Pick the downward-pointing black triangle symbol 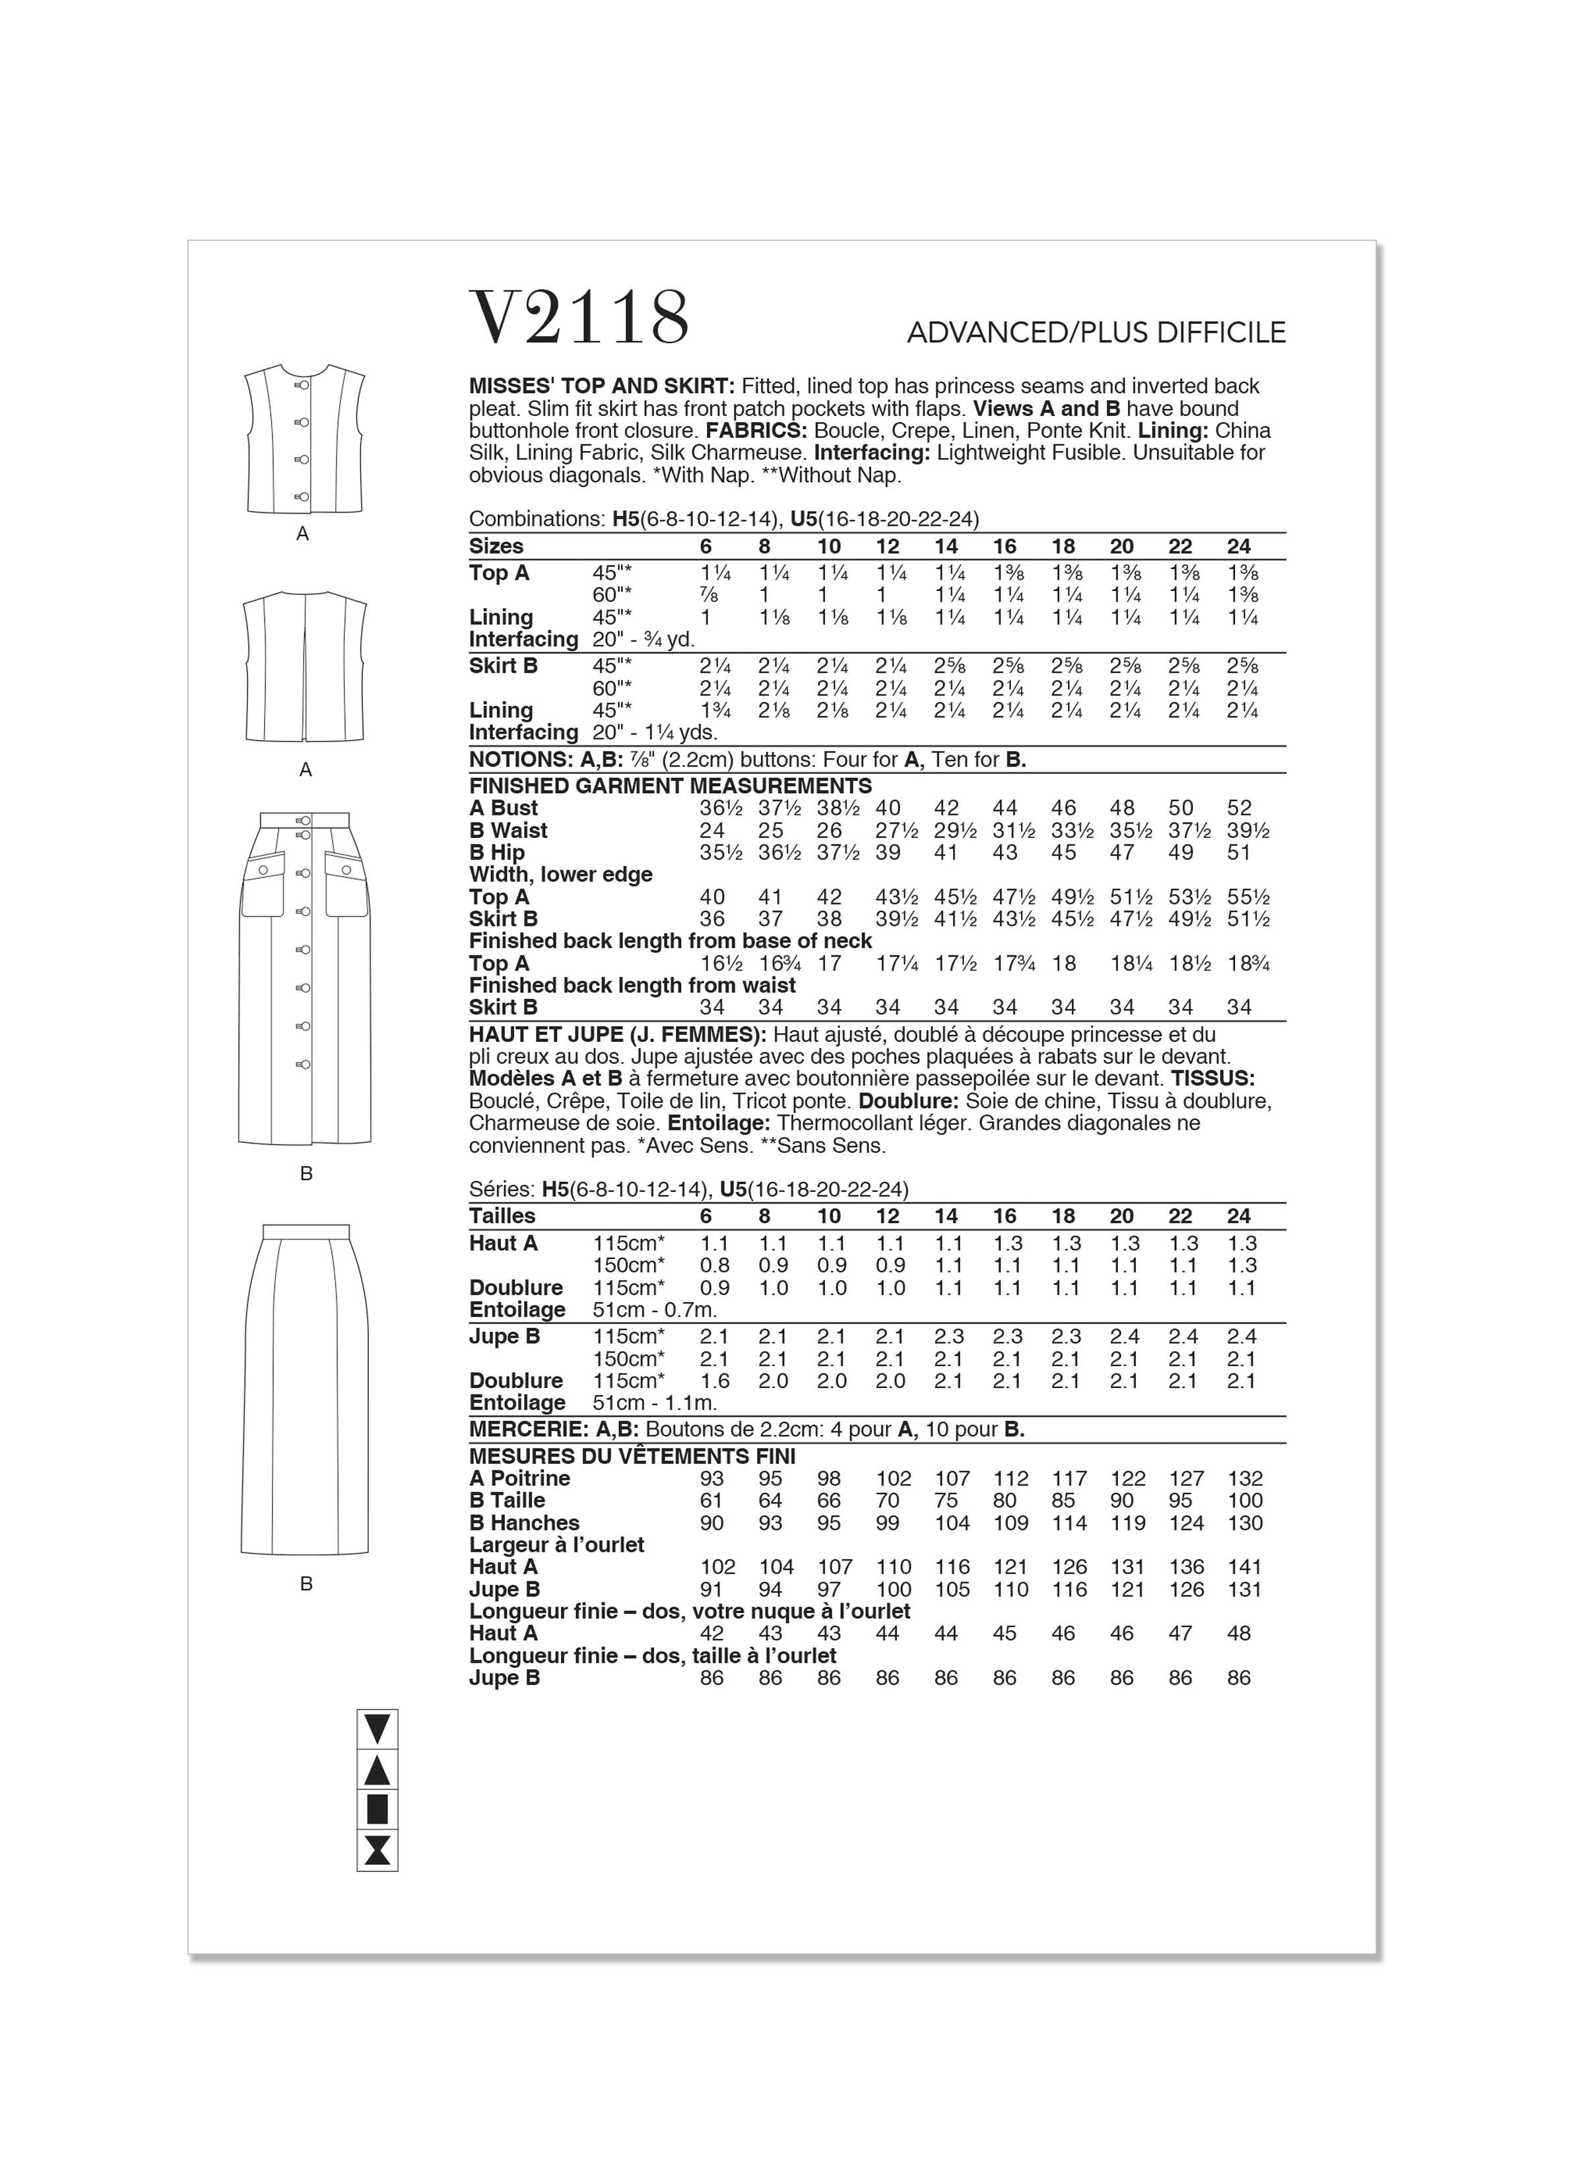[377, 1729]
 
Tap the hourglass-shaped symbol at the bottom [377, 1851]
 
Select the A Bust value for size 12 [888, 808]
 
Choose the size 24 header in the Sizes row [1239, 547]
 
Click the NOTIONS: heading [521, 760]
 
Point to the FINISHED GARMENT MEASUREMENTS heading [671, 785]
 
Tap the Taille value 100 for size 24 [1245, 1501]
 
